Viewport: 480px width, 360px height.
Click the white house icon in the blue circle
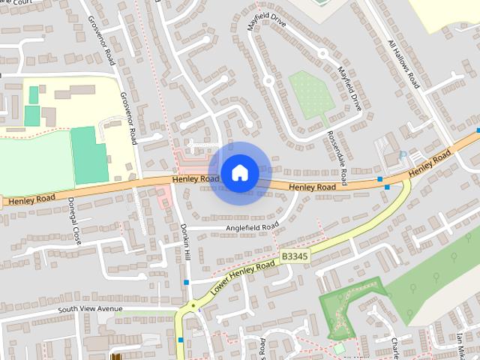[x=239, y=173]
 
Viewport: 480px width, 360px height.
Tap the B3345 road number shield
[x=295, y=257]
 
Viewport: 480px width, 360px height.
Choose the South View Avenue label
[x=90, y=309]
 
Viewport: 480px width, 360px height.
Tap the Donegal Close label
[x=73, y=222]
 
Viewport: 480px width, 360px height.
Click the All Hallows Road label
[x=401, y=64]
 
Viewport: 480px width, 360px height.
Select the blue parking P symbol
[x=403, y=155]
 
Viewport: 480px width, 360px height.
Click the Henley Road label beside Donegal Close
[x=30, y=198]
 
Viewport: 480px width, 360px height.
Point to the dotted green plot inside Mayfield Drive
[x=308, y=94]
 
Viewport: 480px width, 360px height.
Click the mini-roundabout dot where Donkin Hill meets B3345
[x=193, y=306]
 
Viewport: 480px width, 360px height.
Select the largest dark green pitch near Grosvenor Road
[x=89, y=154]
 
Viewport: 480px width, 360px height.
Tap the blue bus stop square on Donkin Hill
[x=186, y=282]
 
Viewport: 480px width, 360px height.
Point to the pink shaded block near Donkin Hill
[x=163, y=198]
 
